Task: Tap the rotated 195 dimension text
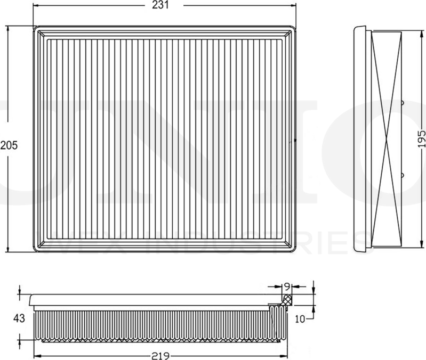[421, 138]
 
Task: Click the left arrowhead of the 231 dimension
[36, 5]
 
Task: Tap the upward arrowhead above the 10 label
[314, 308]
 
